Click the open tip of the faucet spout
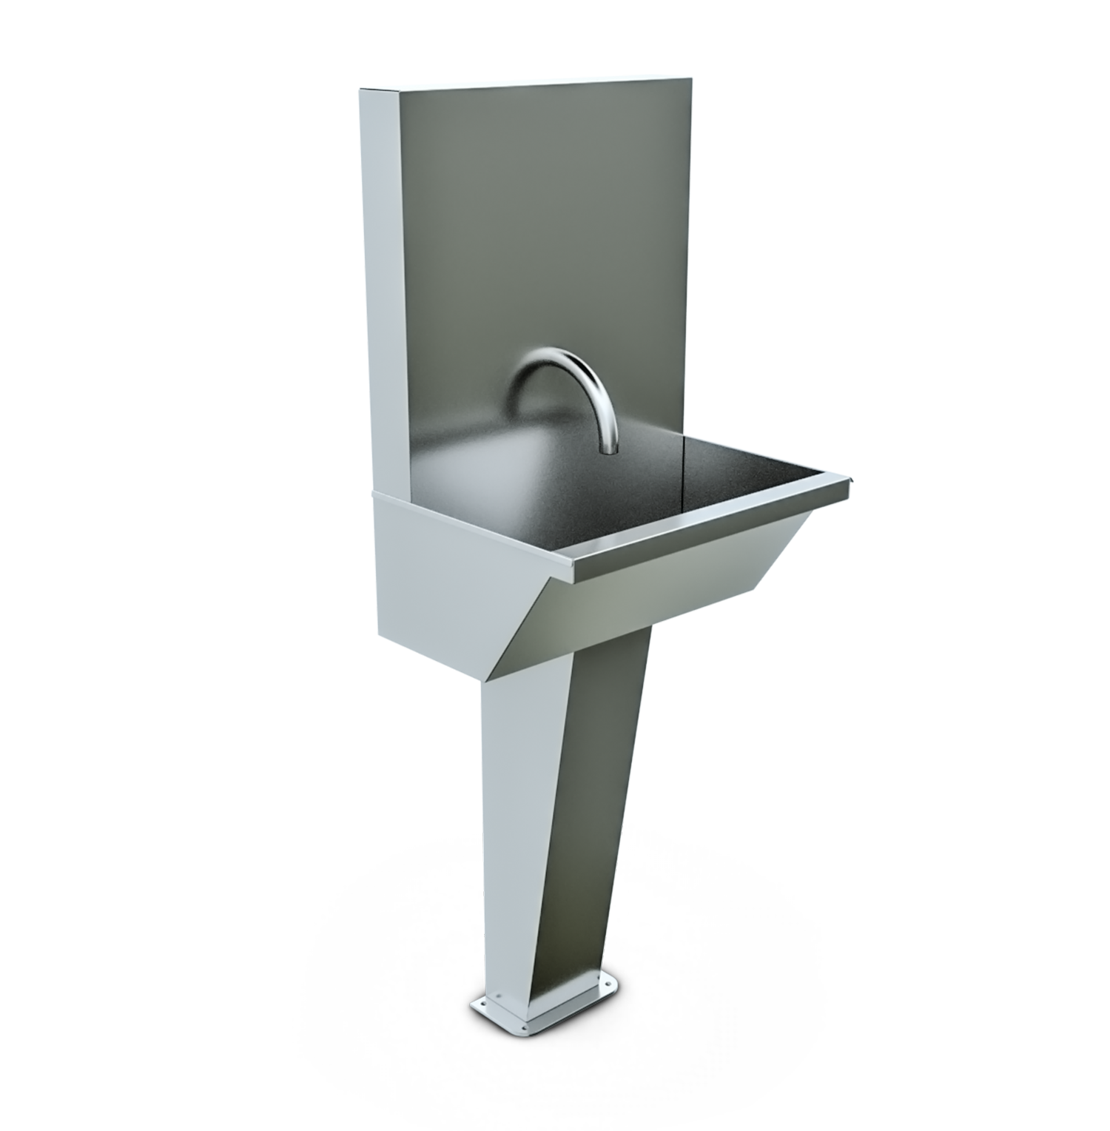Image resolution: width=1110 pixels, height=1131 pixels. [x=608, y=449]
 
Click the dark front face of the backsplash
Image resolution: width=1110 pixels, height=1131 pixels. [x=548, y=222]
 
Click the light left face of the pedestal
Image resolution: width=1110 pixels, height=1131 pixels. [x=518, y=851]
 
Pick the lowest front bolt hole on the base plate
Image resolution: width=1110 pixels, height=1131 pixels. [x=526, y=1027]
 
